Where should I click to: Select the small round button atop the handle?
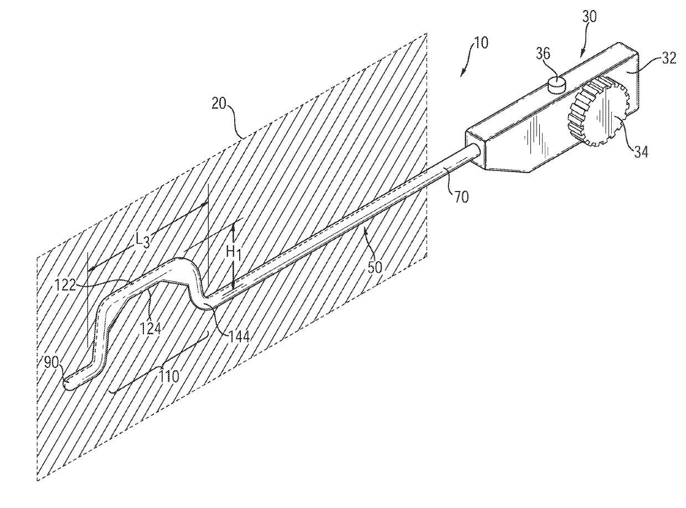(555, 84)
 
